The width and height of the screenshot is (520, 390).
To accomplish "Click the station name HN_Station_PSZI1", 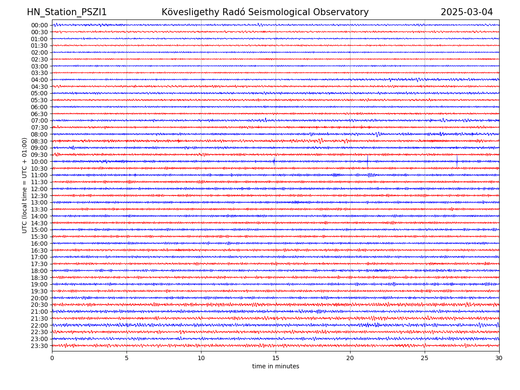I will pos(67,12).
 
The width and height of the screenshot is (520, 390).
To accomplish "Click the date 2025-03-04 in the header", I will pos(467,12).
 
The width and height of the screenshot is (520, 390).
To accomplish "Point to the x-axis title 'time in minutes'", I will pos(276,366).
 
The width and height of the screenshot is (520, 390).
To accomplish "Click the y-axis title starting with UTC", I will pos(25,185).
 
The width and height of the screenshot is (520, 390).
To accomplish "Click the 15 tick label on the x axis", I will pos(276,358).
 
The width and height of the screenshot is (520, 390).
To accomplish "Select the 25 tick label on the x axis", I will pos(425,358).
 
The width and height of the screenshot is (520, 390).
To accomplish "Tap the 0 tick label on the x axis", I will pos(52,358).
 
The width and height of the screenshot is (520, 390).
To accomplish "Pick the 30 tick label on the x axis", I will pos(499,358).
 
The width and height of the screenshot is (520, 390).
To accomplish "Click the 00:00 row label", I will pos(39,25).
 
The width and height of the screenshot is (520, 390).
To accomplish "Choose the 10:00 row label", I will pos(39,162).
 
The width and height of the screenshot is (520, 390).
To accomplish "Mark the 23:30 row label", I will pos(39,346).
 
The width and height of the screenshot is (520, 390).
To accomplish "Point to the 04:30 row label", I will pos(39,87).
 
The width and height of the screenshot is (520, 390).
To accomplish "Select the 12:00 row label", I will pos(39,189).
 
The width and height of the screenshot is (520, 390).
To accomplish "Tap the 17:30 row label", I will pos(39,264).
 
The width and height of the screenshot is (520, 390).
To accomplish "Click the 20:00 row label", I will pos(39,298).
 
